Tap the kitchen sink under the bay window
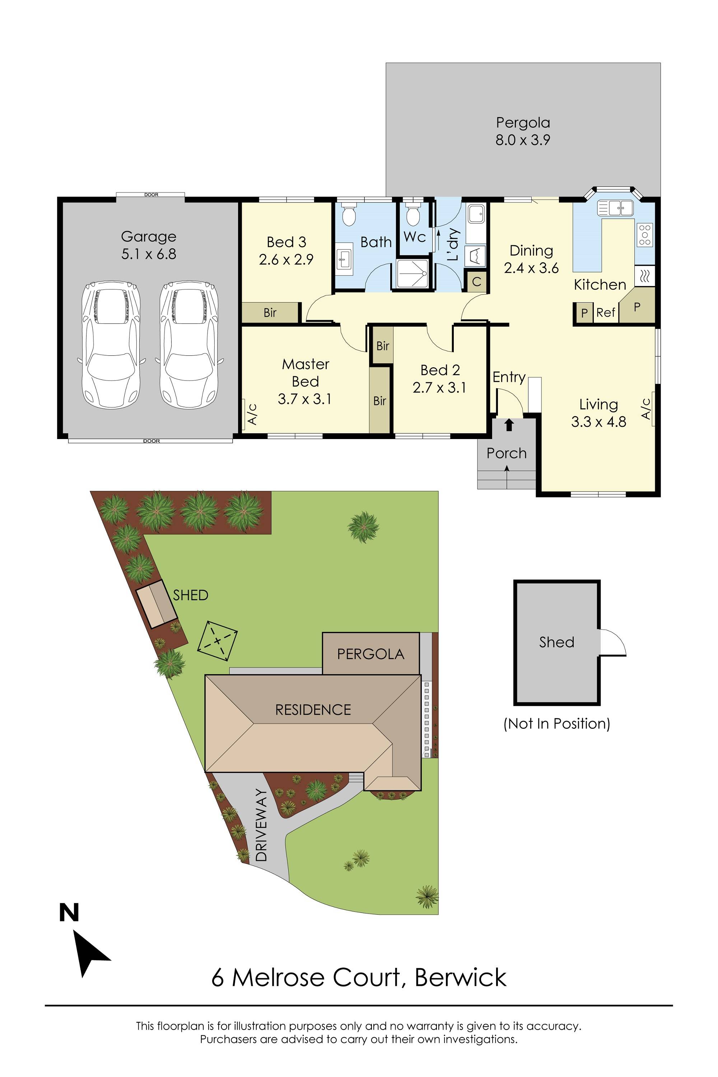pos(615,208)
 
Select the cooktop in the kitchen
pos(645,235)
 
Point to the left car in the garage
pos(111,344)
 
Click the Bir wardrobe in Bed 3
pos(270,313)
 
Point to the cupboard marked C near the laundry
pos(476,281)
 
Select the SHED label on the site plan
pos(191,595)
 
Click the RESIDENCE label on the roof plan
pos(313,710)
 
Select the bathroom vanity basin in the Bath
pos(344,259)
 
